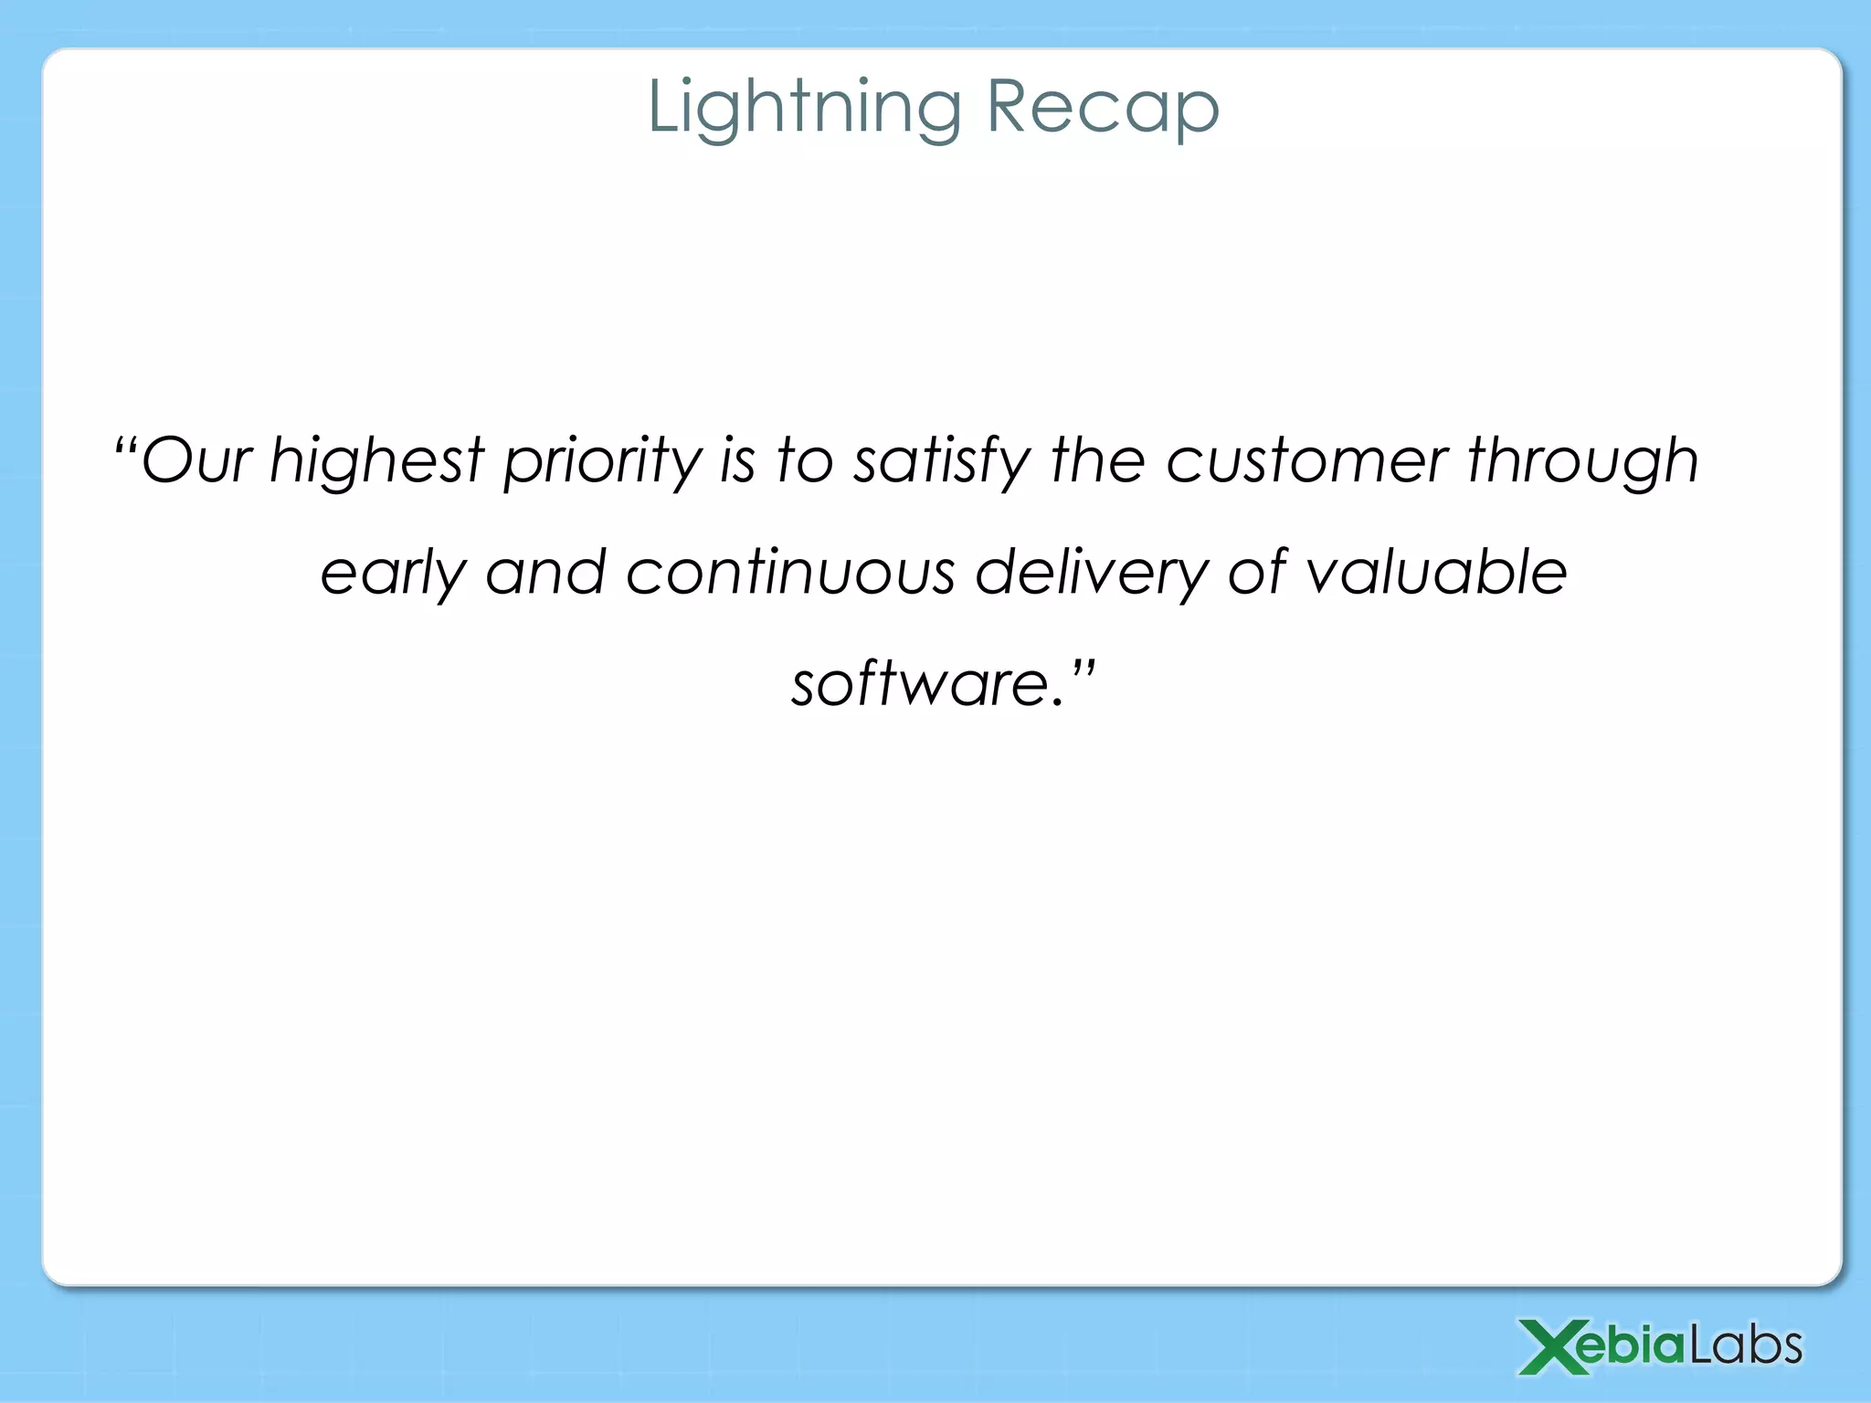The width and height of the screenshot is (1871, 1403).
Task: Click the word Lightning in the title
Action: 804,108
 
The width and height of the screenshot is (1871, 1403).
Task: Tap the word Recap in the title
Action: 1102,108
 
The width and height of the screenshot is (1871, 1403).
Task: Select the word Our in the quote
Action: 196,459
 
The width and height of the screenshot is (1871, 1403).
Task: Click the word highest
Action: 376,459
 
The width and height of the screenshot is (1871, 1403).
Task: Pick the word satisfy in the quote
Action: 941,459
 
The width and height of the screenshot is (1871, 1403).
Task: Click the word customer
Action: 1306,459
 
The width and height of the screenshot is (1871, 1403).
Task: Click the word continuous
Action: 790,573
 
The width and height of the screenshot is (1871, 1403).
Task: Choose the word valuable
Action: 1436,573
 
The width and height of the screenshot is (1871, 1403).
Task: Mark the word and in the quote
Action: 545,573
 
